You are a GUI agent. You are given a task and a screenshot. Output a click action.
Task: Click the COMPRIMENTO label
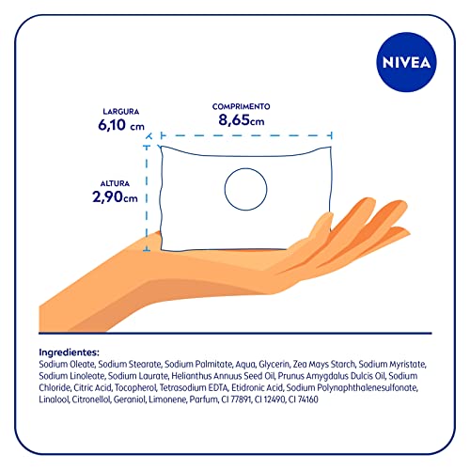point(242,107)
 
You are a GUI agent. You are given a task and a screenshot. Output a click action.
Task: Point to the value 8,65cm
point(242,121)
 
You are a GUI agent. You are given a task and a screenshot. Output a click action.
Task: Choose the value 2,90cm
point(116,197)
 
